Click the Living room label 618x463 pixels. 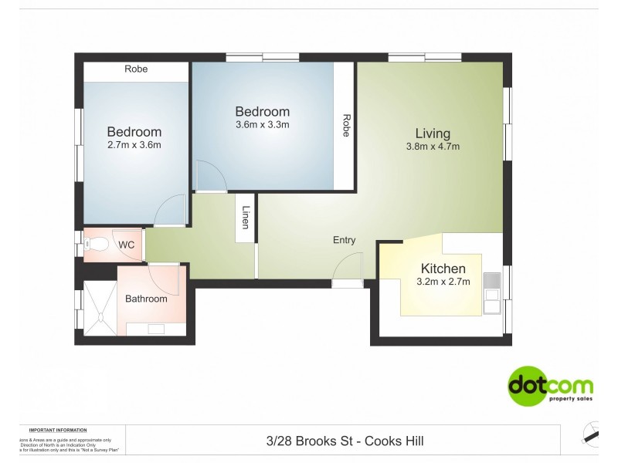(432, 133)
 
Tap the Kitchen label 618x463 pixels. (443, 269)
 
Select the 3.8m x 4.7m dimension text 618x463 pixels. (433, 147)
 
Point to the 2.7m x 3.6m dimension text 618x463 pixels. (134, 145)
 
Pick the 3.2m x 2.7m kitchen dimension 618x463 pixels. (443, 282)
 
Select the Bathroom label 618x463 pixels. (146, 299)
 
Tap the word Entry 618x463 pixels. (344, 240)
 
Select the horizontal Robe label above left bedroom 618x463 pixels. (136, 69)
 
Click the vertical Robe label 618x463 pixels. (347, 126)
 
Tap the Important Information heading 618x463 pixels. (58, 430)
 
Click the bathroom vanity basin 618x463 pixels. (155, 329)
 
